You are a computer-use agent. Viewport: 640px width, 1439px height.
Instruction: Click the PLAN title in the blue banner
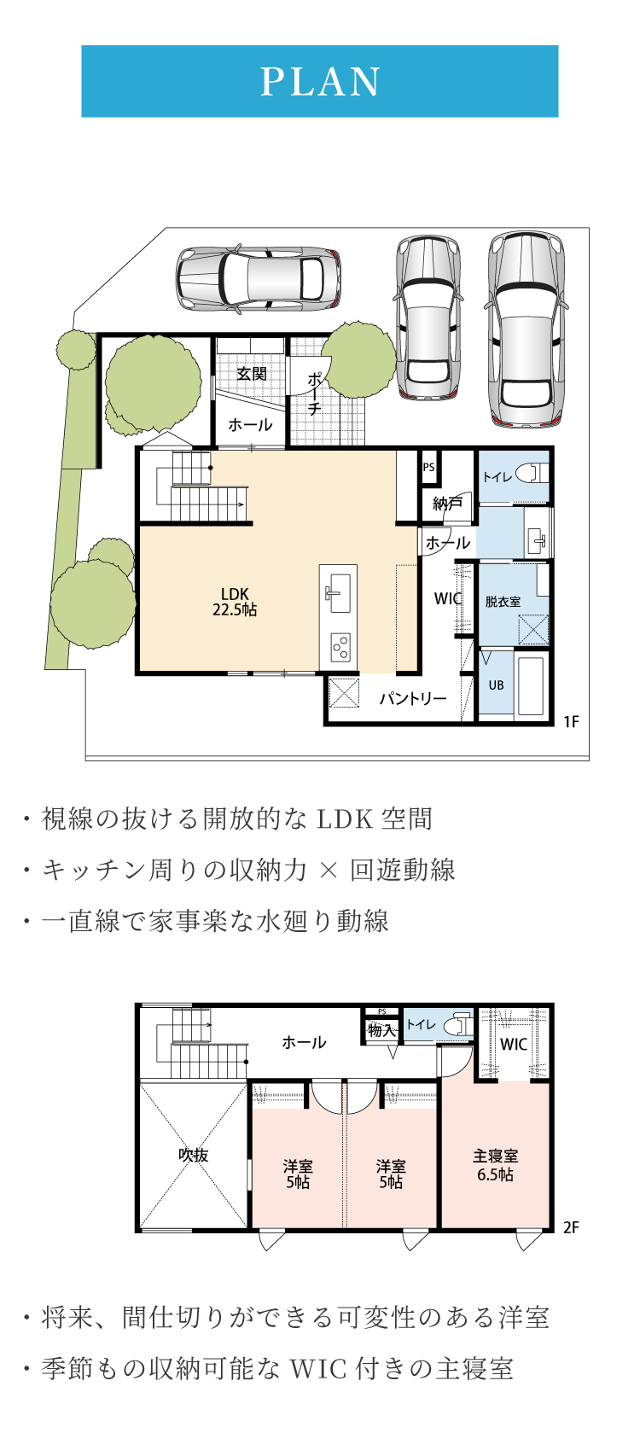(x=320, y=82)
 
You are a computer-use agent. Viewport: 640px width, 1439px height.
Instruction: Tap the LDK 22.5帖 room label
(x=235, y=602)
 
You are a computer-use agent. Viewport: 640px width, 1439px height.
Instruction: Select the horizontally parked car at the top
(x=259, y=279)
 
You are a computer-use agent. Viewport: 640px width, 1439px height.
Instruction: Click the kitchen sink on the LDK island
(x=337, y=592)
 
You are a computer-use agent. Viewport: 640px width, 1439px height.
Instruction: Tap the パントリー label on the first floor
(x=412, y=698)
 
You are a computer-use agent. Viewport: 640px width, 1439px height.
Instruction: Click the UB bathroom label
(x=496, y=685)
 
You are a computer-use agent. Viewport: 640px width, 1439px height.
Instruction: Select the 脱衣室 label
(x=503, y=602)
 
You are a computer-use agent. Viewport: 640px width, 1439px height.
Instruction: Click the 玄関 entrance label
(x=251, y=374)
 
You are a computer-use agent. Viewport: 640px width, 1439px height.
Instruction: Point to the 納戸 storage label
(x=447, y=504)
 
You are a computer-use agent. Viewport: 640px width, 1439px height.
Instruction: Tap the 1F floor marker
(x=571, y=722)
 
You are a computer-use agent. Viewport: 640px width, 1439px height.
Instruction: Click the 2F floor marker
(x=571, y=1227)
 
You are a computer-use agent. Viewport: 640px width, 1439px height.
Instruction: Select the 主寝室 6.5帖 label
(x=496, y=1165)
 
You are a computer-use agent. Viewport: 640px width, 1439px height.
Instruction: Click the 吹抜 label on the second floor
(x=194, y=1155)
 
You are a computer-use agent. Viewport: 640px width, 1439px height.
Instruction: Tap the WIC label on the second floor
(x=514, y=1045)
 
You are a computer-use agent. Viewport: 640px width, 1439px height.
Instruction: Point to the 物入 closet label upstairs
(x=381, y=1030)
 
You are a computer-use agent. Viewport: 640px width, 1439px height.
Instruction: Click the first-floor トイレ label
(x=497, y=477)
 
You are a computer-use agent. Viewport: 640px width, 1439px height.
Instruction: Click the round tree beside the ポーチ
(x=358, y=360)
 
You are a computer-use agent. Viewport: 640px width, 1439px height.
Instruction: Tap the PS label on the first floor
(x=428, y=468)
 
